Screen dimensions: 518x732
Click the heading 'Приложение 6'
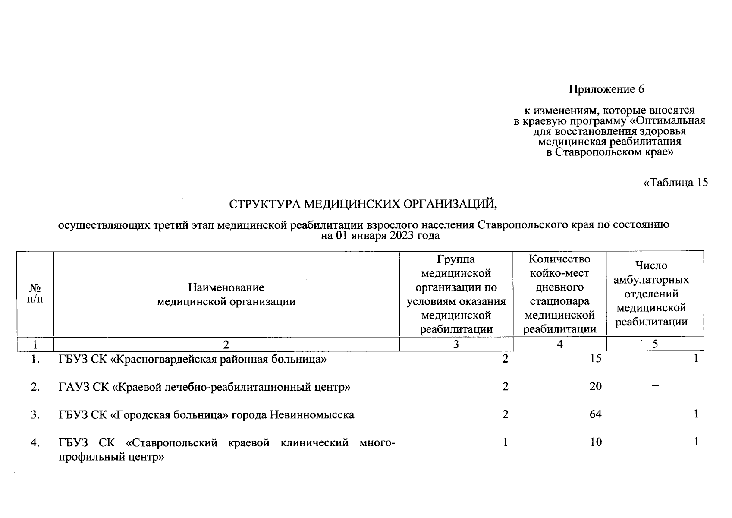coord(606,89)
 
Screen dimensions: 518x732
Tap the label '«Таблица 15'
coord(675,183)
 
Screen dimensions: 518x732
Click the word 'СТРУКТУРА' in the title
coord(264,204)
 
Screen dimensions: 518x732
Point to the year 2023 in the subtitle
coord(392,236)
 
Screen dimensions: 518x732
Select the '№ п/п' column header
coord(35,293)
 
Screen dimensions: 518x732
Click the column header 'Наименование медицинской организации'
coord(226,294)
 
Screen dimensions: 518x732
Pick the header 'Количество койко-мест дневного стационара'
coord(559,294)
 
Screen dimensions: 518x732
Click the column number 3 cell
coord(456,344)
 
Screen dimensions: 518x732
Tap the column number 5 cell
coord(655,344)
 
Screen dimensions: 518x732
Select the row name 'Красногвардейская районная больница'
coord(192,359)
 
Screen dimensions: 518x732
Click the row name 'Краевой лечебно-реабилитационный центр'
coord(204,387)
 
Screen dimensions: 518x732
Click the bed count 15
coord(595,359)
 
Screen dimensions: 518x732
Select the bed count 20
coord(595,386)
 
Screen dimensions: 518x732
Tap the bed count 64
coord(595,414)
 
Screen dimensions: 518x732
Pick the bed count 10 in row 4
coord(595,442)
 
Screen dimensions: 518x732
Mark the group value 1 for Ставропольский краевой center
coord(505,442)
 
